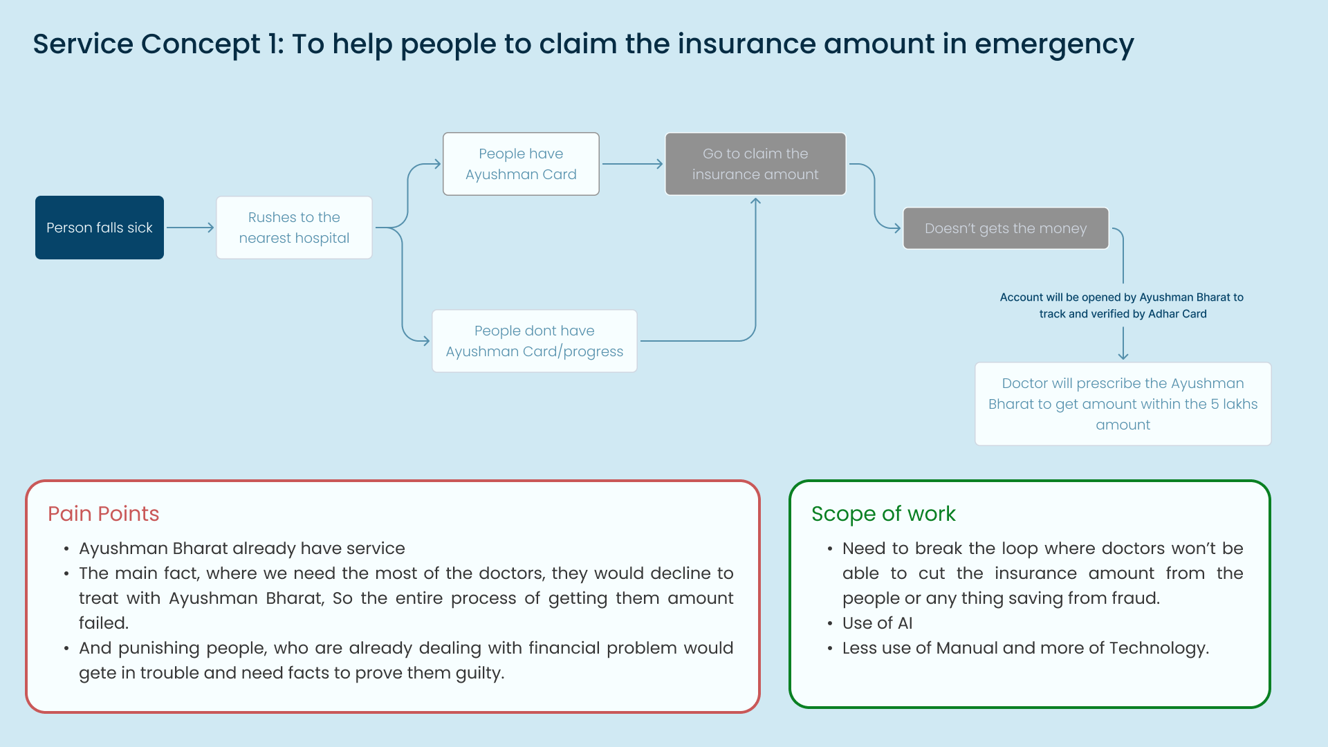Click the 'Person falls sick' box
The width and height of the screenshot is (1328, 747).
pyautogui.click(x=100, y=228)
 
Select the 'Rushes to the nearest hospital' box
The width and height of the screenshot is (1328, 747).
pyautogui.click(x=294, y=228)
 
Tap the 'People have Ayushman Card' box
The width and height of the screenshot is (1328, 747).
pyautogui.click(x=521, y=164)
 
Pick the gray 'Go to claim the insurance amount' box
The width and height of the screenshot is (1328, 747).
pyautogui.click(x=755, y=164)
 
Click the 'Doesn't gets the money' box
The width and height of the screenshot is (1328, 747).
pyautogui.click(x=1006, y=228)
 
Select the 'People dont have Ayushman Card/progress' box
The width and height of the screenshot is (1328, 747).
pyautogui.click(x=535, y=341)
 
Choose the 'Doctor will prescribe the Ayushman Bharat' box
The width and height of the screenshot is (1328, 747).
pyautogui.click(x=1123, y=404)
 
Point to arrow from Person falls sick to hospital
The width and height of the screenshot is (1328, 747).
pyautogui.click(x=190, y=228)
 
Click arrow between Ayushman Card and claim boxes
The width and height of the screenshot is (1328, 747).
pyautogui.click(x=633, y=164)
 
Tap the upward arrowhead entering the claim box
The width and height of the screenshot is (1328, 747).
pyautogui.click(x=755, y=201)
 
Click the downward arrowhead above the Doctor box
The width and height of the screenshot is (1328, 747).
pyautogui.click(x=1123, y=356)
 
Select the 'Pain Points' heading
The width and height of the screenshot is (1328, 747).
pyautogui.click(x=104, y=514)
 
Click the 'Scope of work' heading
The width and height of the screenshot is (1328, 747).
pyautogui.click(x=883, y=514)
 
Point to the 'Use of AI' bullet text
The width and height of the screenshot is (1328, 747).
pyautogui.click(x=877, y=623)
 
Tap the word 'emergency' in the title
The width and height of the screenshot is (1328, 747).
pyautogui.click(x=1054, y=44)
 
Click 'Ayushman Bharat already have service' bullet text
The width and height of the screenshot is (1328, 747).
pyautogui.click(x=242, y=548)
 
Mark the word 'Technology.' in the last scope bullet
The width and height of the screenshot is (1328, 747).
pyautogui.click(x=1159, y=649)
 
